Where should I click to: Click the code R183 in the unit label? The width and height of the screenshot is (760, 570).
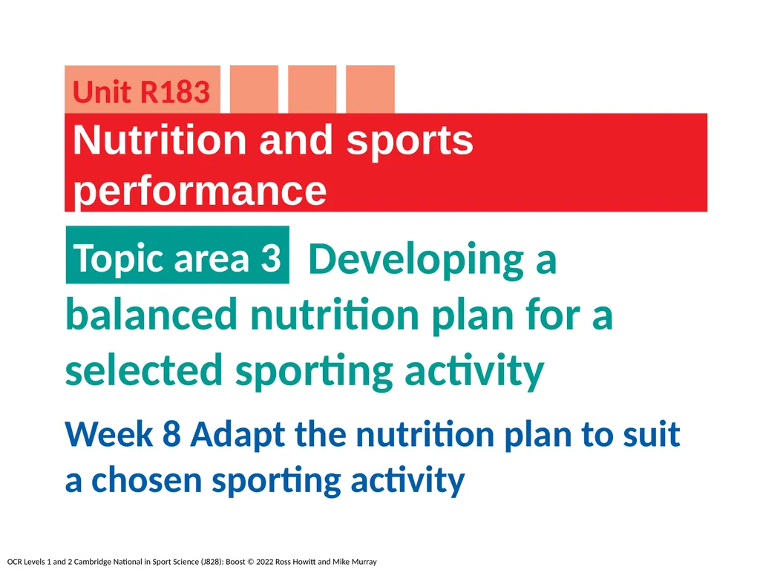point(175,93)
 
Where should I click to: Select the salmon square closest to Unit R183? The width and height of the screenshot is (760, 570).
point(255,89)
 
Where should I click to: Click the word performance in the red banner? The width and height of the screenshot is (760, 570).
point(200,191)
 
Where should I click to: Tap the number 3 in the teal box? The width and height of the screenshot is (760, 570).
point(270,258)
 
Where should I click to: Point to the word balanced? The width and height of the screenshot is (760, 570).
point(151,315)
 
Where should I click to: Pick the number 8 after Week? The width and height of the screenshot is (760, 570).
point(171,434)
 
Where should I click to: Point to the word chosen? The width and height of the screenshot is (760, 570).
point(147,481)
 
